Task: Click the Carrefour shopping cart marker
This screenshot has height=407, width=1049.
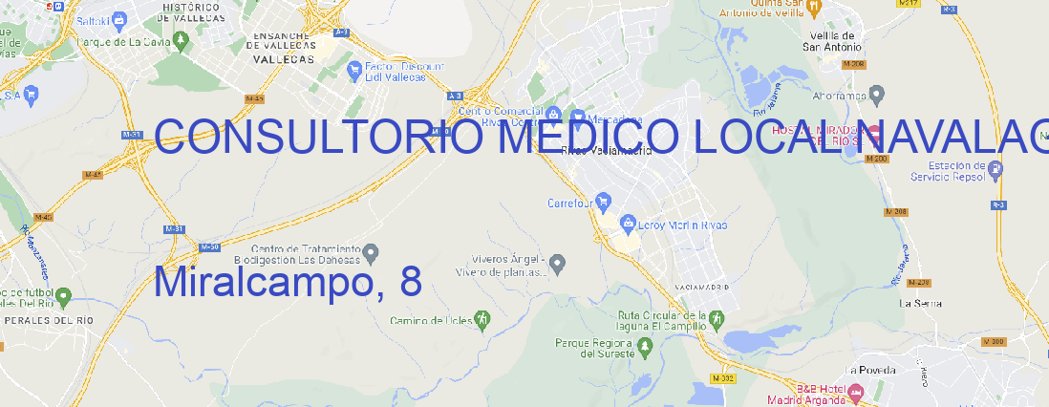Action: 604,202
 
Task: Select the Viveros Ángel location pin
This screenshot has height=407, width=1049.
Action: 559,262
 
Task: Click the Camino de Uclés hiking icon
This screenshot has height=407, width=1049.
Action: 482,318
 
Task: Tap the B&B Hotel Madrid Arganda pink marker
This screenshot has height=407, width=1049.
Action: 856,392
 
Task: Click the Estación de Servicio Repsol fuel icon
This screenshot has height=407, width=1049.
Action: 995,170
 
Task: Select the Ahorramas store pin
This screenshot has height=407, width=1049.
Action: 877,95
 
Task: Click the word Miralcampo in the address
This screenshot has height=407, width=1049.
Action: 260,283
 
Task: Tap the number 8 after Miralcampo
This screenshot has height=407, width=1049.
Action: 411,283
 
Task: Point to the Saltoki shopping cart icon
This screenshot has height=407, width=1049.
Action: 118,18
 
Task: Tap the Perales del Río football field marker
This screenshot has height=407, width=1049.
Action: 63,297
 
